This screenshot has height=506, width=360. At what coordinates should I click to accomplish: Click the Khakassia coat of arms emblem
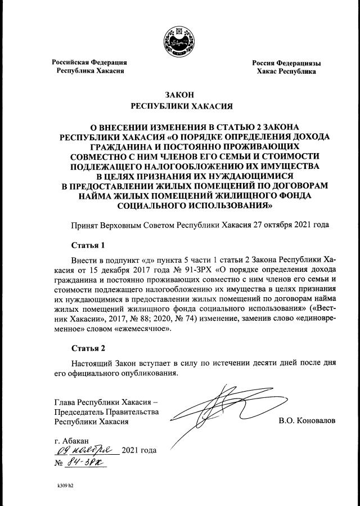180,41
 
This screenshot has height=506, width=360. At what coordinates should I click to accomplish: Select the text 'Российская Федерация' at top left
89,62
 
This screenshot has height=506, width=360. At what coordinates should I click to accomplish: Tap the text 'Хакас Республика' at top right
286,71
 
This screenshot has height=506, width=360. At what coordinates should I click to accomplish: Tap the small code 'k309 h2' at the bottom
66,485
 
